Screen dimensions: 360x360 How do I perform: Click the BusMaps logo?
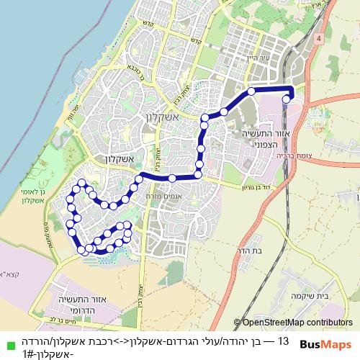(326, 345)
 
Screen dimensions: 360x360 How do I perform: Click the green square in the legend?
(6, 341)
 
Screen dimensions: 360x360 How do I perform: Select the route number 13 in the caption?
(283, 341)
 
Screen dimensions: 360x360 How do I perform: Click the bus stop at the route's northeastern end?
(287, 100)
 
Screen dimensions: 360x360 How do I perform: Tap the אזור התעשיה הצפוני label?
(253, 137)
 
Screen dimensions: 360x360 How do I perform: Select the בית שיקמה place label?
(330, 296)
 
